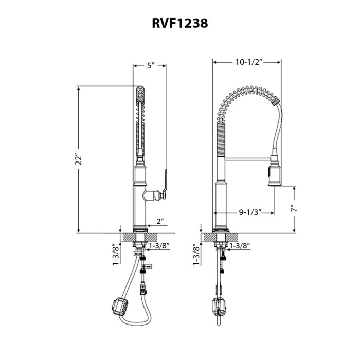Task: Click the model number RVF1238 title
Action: point(180,23)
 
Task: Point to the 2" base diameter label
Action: point(160,221)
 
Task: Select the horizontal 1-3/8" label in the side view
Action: point(239,246)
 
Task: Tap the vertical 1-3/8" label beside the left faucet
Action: point(116,255)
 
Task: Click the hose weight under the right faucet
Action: point(219,307)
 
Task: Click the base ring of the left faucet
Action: point(140,229)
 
